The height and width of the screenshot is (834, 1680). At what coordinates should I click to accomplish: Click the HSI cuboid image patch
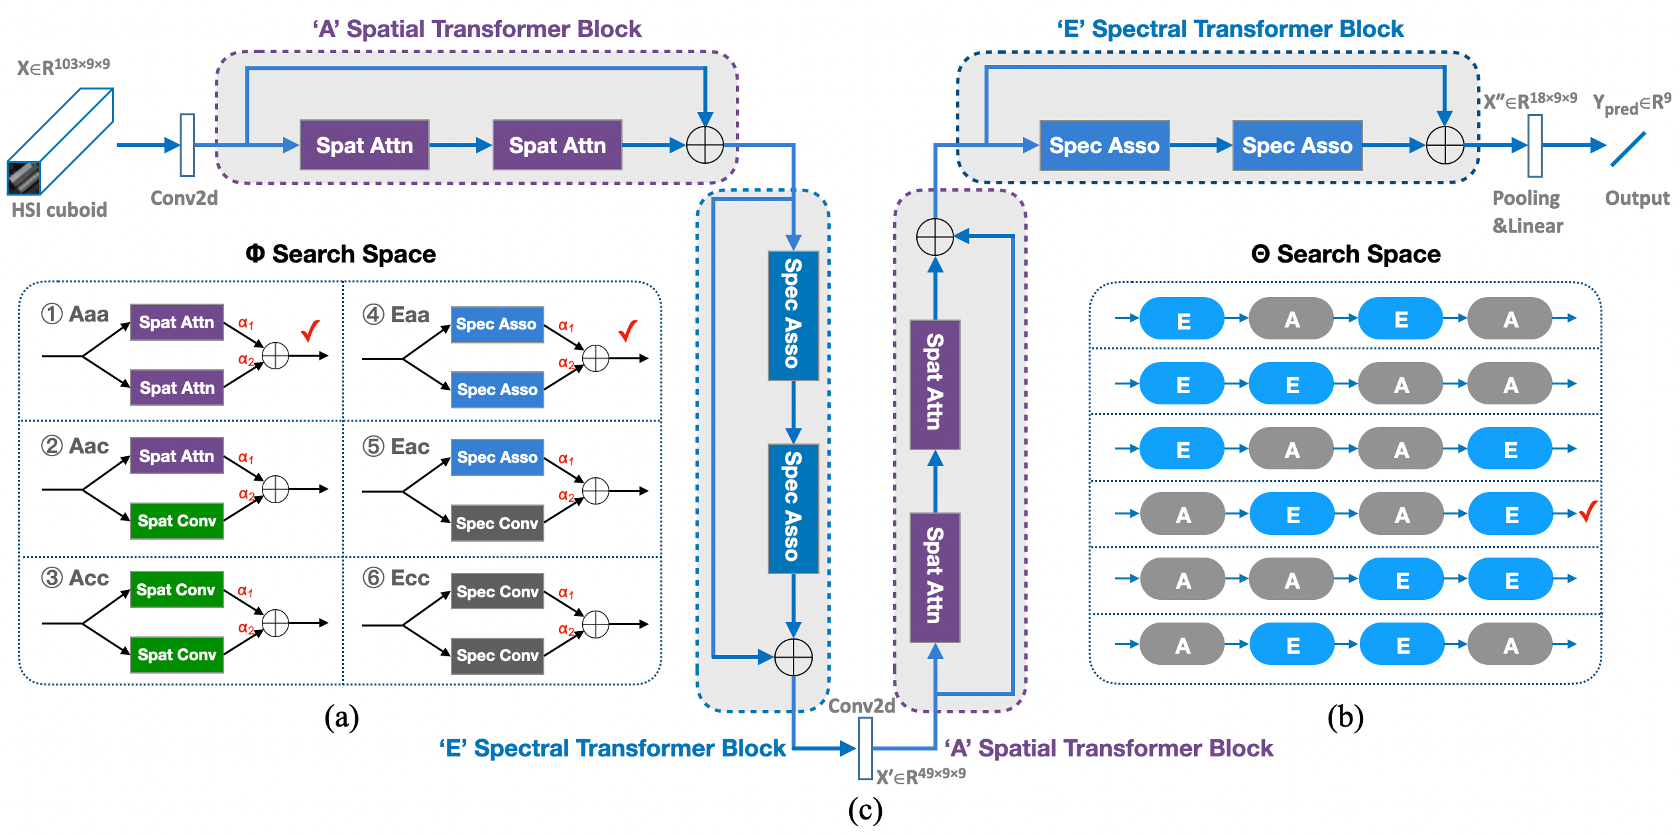pyautogui.click(x=24, y=178)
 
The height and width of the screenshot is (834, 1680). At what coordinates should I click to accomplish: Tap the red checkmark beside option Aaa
pyautogui.click(x=310, y=330)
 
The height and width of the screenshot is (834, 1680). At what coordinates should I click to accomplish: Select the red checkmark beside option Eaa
pyautogui.click(x=627, y=330)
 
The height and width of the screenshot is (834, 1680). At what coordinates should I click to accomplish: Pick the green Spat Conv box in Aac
pyautogui.click(x=176, y=521)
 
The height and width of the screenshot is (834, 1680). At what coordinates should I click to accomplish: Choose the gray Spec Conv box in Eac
pyautogui.click(x=497, y=523)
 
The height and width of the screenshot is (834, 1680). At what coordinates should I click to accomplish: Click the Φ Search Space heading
pyautogui.click(x=341, y=254)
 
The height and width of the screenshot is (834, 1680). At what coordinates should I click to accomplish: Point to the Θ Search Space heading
pyautogui.click(x=1346, y=254)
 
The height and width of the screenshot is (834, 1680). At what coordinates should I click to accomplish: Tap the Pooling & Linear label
pyautogui.click(x=1527, y=211)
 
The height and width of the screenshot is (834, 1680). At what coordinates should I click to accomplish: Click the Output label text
pyautogui.click(x=1637, y=198)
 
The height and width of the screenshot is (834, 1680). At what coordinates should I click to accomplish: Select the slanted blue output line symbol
pyautogui.click(x=1628, y=149)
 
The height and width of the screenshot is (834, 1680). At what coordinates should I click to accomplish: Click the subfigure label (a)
pyautogui.click(x=341, y=717)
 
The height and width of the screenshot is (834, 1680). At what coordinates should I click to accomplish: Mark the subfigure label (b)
pyautogui.click(x=1345, y=717)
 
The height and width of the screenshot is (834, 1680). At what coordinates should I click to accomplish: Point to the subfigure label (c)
pyautogui.click(x=865, y=810)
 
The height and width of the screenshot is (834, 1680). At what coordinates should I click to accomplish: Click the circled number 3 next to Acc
pyautogui.click(x=52, y=577)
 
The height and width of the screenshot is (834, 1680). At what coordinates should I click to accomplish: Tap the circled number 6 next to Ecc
pyautogui.click(x=373, y=577)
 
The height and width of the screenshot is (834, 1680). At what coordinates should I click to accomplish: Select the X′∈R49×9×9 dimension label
pyautogui.click(x=920, y=776)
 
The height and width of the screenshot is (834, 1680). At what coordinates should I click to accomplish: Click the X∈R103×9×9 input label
pyautogui.click(x=63, y=66)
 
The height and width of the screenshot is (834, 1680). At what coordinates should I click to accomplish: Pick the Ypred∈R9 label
pyautogui.click(x=1632, y=103)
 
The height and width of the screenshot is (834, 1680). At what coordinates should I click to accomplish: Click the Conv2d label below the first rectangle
pyautogui.click(x=184, y=198)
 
